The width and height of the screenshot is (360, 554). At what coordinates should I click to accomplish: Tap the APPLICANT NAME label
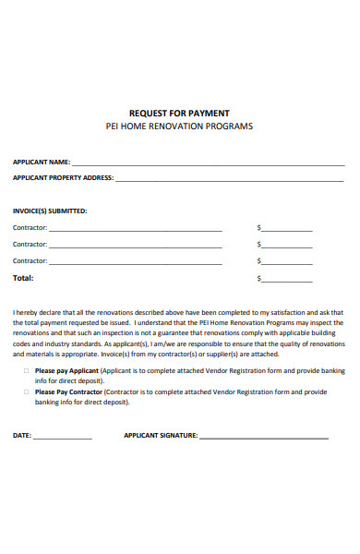coord(41,162)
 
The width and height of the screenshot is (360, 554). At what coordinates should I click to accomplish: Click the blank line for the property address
coord(231,180)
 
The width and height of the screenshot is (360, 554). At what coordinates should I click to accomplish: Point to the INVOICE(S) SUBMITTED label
coord(50,211)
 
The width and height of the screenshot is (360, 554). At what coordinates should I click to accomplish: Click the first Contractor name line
coord(135,229)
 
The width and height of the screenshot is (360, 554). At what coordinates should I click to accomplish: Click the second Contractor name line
coord(135,246)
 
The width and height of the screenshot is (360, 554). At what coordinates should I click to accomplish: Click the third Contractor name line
coord(135,262)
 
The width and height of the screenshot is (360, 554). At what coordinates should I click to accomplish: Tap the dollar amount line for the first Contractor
coord(288,229)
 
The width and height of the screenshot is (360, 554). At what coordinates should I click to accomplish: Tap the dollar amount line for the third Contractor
coord(288,262)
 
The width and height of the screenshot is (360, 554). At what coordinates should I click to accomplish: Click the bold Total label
coord(23,277)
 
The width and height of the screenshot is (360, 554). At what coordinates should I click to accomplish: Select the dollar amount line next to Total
coord(288,279)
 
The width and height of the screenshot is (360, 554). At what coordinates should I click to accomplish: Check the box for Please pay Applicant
coord(25,370)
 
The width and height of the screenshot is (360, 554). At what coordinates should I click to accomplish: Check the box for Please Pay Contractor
coord(25,391)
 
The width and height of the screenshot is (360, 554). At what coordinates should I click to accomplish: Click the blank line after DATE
coord(64,436)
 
